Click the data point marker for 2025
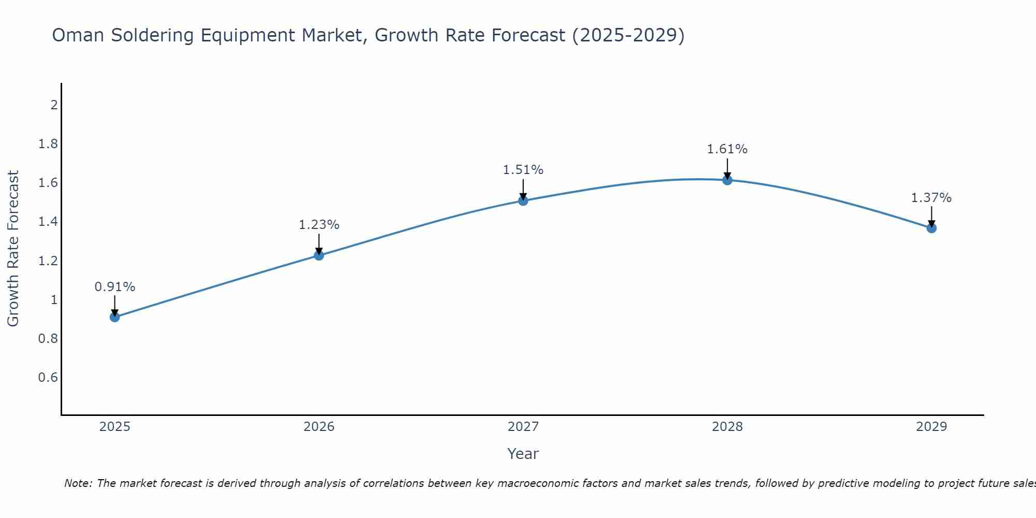click(115, 317)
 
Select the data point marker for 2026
click(319, 255)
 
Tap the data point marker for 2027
click(523, 200)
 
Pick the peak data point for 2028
click(727, 180)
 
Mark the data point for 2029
click(931, 228)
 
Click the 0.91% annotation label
click(115, 287)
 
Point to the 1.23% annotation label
click(319, 225)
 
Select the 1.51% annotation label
click(523, 170)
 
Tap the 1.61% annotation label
click(727, 149)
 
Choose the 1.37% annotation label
click(931, 198)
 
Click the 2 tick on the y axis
click(54, 105)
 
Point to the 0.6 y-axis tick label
click(48, 377)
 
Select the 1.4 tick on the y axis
click(48, 222)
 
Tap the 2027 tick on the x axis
click(523, 427)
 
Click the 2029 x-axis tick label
click(931, 427)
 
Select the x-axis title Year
click(523, 454)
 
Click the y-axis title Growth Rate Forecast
click(13, 249)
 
